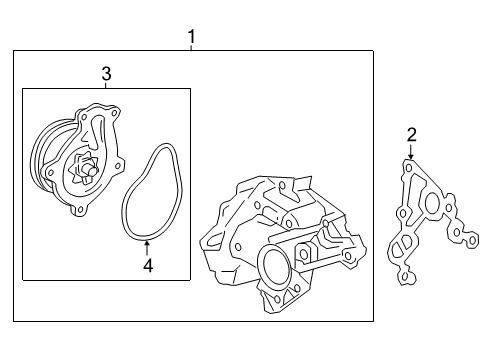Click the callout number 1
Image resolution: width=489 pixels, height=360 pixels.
point(191,37)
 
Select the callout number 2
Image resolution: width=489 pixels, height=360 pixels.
point(411,135)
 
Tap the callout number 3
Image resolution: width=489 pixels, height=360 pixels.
point(106,74)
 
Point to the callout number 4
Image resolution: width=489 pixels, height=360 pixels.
point(148,265)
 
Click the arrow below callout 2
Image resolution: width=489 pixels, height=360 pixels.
point(411,151)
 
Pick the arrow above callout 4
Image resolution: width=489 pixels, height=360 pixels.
point(147,248)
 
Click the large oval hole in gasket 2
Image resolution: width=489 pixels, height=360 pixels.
point(433,202)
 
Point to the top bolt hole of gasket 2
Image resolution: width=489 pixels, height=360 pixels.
point(408,167)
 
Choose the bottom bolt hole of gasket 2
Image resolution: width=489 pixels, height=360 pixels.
point(405,276)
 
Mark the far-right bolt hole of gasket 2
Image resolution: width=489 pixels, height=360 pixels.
point(472,240)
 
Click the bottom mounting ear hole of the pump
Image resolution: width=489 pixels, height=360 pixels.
point(80,210)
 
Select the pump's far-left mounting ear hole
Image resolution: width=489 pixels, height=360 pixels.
point(51,173)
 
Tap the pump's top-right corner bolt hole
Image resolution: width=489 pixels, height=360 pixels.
point(114,113)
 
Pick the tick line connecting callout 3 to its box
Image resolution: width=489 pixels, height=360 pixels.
point(106,85)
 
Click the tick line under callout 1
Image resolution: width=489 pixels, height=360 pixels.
point(191,48)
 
